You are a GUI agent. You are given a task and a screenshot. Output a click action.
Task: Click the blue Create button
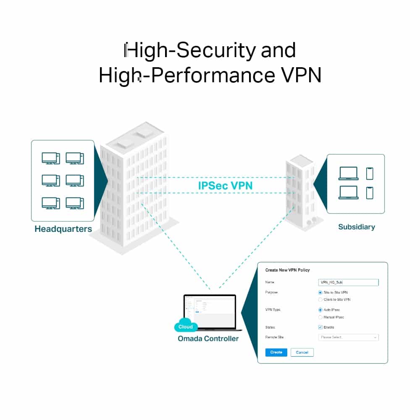276,352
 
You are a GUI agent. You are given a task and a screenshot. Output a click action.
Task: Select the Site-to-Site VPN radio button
320,292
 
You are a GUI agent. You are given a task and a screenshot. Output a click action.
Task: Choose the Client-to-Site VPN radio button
320,300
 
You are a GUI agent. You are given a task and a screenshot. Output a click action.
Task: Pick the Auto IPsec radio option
320,310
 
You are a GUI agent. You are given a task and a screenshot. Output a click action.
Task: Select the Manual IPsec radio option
320,317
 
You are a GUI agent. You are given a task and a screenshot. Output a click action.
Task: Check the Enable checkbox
320,327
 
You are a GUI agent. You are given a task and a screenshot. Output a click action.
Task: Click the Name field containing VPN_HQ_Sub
348,283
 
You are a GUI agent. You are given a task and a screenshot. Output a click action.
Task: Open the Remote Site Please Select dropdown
348,337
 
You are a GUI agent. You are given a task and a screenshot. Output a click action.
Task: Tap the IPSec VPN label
226,186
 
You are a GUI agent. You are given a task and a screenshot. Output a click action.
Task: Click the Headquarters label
63,229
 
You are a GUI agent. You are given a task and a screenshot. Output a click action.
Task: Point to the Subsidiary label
356,227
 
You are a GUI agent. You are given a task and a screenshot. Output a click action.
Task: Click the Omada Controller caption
208,339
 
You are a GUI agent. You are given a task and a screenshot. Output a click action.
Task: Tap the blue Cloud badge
185,326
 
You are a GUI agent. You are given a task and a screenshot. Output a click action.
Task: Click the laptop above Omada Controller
210,311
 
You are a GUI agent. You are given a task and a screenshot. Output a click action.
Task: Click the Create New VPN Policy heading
287,270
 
